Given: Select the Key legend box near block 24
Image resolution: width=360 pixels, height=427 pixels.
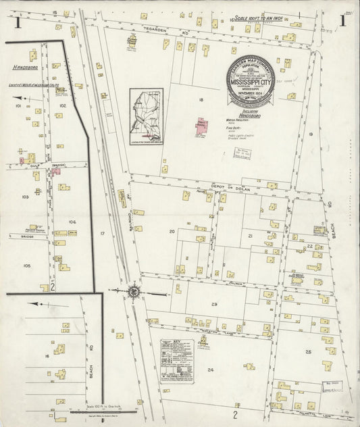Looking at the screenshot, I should tap(176, 363).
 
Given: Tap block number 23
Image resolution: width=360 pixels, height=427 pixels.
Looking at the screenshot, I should tap(214, 305).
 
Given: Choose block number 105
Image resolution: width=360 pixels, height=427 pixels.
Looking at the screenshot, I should tap(26, 266).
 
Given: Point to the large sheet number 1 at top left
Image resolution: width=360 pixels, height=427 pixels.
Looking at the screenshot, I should tap(18, 22).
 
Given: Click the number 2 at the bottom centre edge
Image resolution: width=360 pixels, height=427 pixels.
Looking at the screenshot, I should tap(235, 413).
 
